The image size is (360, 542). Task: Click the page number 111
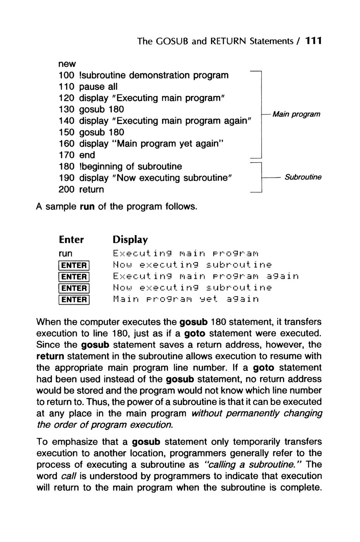[314, 41]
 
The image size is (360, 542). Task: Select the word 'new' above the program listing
[67, 63]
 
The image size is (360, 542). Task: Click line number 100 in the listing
[67, 75]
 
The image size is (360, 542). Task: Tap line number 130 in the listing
[67, 109]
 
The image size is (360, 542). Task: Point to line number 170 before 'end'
[67, 155]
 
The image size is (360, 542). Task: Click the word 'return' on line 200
[91, 189]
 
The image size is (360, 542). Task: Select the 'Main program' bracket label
[296, 114]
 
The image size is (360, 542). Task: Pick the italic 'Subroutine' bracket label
[303, 177]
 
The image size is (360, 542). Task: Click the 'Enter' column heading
[71, 240]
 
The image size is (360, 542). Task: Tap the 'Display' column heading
[130, 240]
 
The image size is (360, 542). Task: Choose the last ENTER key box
[74, 299]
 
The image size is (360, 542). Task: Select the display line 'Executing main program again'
[206, 276]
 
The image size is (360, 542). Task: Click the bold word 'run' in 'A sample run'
[87, 206]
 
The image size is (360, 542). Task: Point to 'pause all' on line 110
[98, 86]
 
